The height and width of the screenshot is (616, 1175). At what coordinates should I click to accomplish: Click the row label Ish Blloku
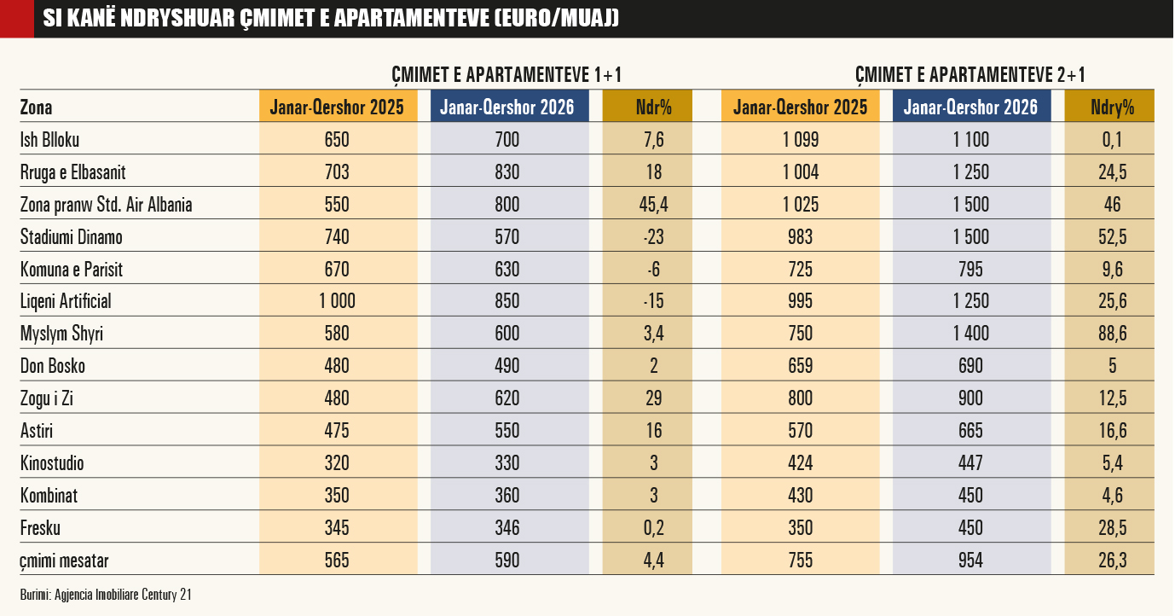tap(49, 140)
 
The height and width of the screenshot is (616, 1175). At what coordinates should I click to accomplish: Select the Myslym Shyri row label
tap(61, 334)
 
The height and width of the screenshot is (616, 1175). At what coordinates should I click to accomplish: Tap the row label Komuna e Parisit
tap(72, 269)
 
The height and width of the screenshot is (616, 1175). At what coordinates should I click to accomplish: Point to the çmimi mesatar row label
tap(64, 561)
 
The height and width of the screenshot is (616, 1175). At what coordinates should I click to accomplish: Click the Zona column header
tap(36, 108)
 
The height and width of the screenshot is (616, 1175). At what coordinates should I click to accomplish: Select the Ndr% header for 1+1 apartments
tap(654, 107)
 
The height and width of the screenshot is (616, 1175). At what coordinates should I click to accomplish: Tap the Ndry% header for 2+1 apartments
tap(1113, 108)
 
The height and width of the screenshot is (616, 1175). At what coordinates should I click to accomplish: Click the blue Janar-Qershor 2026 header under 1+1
tap(507, 107)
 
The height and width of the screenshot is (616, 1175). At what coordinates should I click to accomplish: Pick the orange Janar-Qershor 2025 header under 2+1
tap(801, 107)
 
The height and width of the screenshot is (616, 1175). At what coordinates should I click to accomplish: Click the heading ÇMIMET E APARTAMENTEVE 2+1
tap(970, 75)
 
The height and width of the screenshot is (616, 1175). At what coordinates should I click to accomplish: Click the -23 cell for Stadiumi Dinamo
tap(654, 236)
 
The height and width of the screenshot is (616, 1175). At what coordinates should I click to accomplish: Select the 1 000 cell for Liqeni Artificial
tap(337, 301)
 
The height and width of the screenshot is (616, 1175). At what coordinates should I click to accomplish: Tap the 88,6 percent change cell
tap(1113, 334)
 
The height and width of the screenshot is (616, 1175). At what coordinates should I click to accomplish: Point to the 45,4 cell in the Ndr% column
tap(654, 205)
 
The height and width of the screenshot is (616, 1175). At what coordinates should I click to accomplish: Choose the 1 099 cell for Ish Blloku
tap(801, 140)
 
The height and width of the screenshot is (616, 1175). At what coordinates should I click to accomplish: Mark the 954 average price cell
tap(970, 561)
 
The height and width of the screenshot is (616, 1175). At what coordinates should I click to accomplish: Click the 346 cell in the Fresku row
tap(507, 528)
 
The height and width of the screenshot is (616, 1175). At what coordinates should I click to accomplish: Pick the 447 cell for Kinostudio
tap(970, 463)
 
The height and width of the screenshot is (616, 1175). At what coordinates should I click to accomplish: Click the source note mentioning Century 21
tap(106, 595)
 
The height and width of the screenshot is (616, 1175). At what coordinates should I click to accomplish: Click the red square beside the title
tap(17, 19)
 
